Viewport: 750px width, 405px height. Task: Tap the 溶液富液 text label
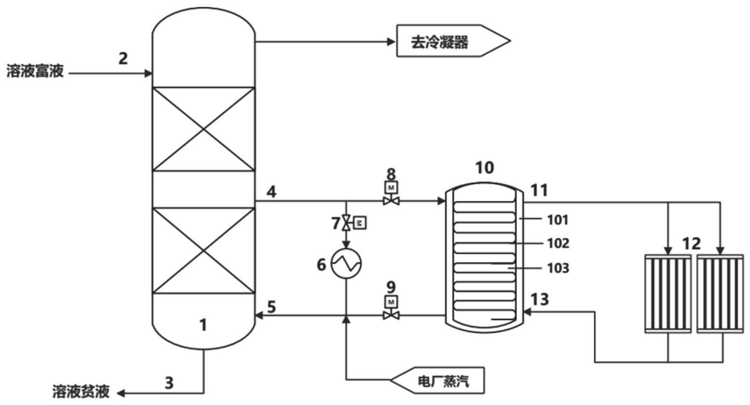point(35,72)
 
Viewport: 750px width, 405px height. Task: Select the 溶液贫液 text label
point(81,391)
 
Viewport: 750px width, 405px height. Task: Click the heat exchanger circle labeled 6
point(346,264)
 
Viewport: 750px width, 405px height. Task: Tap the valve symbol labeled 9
point(391,316)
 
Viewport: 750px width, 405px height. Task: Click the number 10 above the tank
point(484,168)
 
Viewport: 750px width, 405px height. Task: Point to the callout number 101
point(558,220)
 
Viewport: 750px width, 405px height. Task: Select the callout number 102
point(558,243)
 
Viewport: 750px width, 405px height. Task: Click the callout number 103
point(558,267)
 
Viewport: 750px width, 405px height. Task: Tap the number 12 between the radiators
point(692,243)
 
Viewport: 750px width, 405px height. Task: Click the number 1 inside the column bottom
point(203,325)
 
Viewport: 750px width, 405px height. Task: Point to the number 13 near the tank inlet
point(539,299)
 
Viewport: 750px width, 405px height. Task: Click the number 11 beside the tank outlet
point(539,190)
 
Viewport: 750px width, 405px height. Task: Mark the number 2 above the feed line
point(123,58)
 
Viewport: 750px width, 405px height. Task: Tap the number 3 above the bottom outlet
point(169,383)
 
